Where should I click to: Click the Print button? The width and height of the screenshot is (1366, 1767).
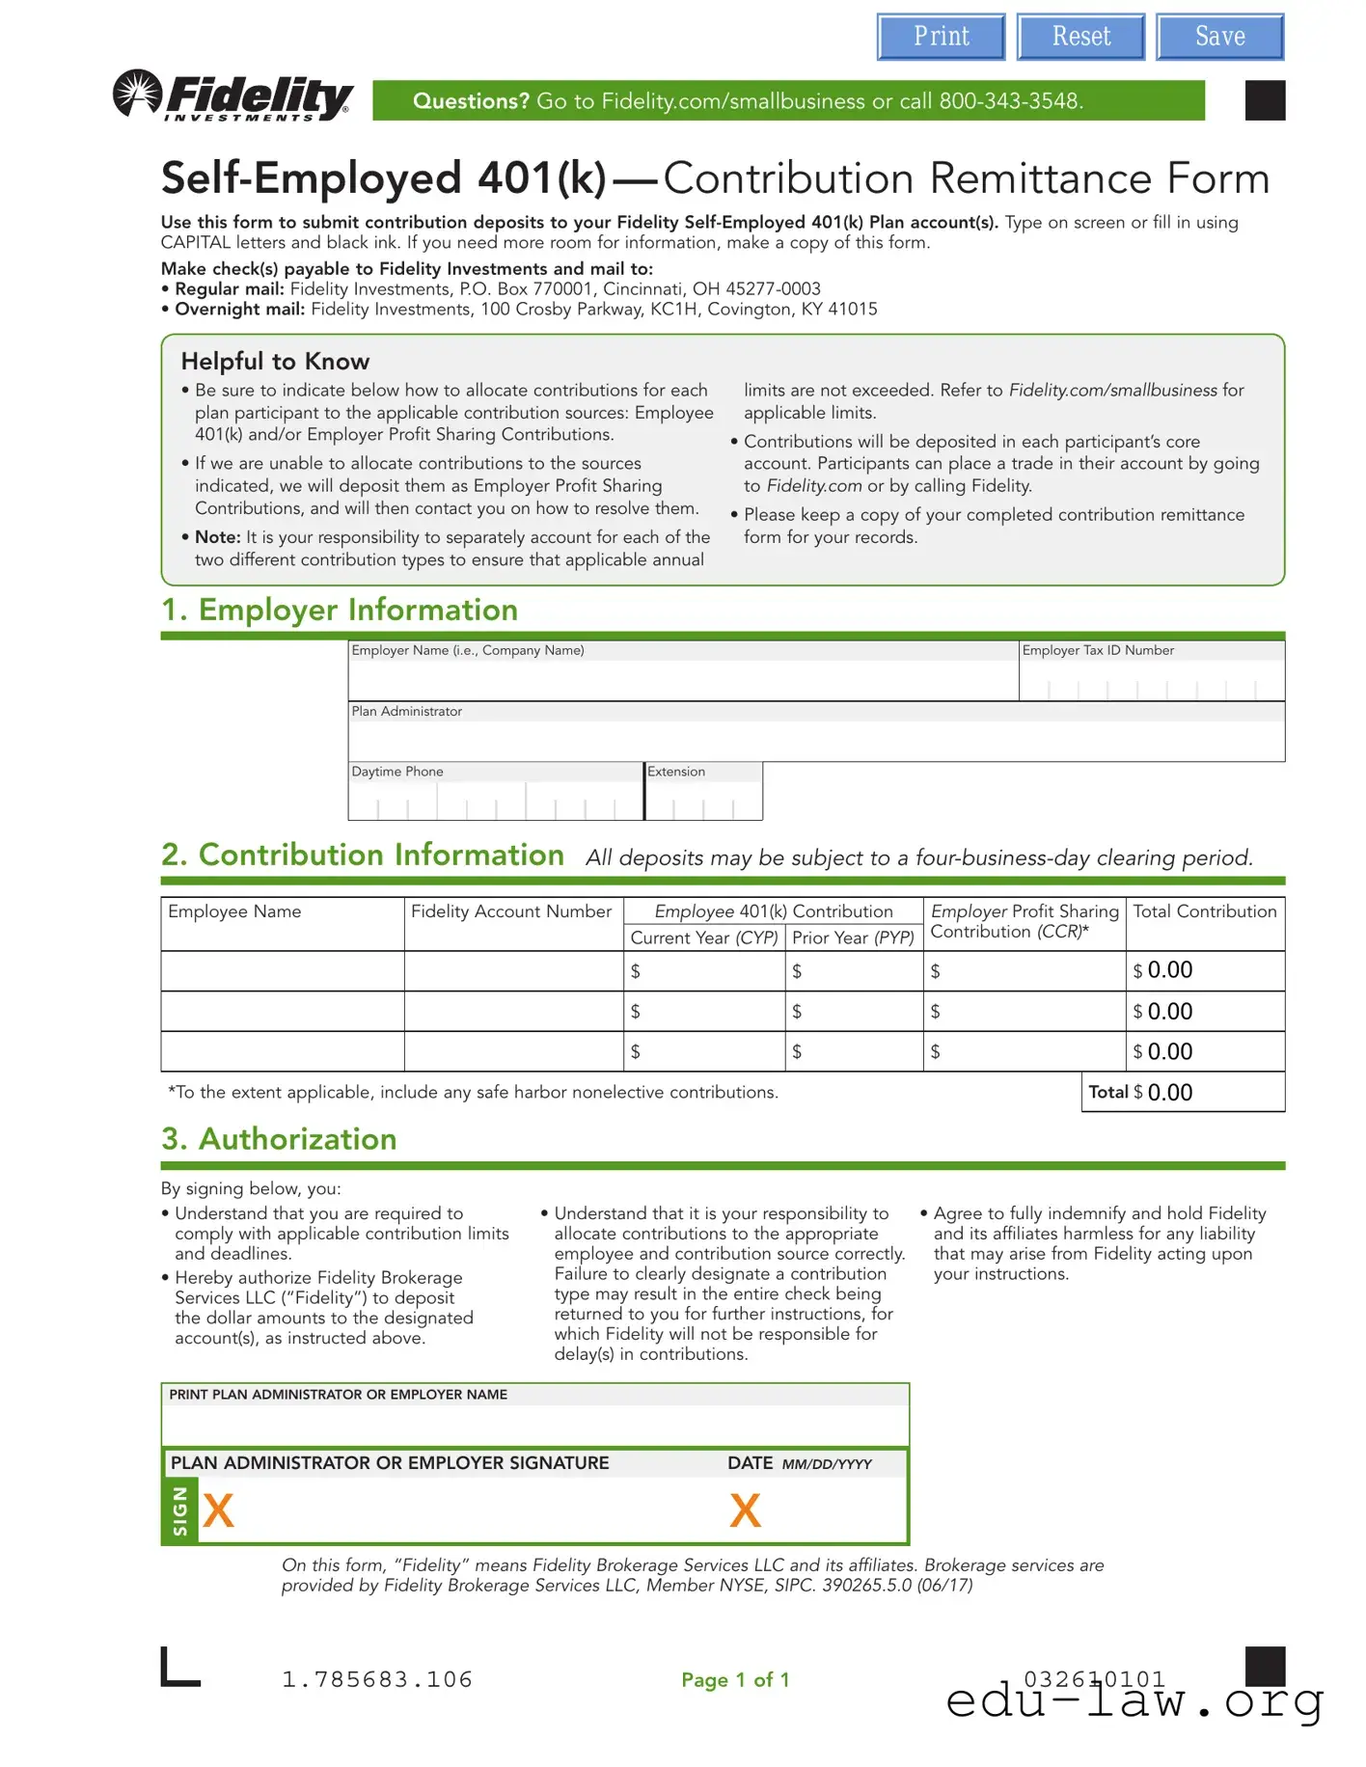(941, 38)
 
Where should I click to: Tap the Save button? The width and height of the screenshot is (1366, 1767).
(1219, 38)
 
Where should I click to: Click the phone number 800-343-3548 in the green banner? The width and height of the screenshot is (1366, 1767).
(1010, 101)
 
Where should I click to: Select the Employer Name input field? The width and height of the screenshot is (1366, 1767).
(682, 679)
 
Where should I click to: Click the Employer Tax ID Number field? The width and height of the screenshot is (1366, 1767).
(1151, 681)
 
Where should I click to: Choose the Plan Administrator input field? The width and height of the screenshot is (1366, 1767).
(815, 741)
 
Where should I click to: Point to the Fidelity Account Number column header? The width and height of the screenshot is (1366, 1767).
(511, 911)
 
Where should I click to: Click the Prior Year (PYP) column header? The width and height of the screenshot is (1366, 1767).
(853, 938)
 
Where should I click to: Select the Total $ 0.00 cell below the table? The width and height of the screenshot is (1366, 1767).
(1183, 1093)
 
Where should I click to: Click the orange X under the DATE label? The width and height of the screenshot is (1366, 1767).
(745, 1510)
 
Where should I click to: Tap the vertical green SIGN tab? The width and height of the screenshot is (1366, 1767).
(180, 1510)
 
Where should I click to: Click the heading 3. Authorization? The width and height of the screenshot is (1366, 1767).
(279, 1139)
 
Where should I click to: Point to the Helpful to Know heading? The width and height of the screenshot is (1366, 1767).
(275, 362)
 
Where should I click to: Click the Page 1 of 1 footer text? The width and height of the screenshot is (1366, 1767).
(735, 1680)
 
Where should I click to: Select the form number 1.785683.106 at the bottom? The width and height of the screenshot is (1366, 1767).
(377, 1680)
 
